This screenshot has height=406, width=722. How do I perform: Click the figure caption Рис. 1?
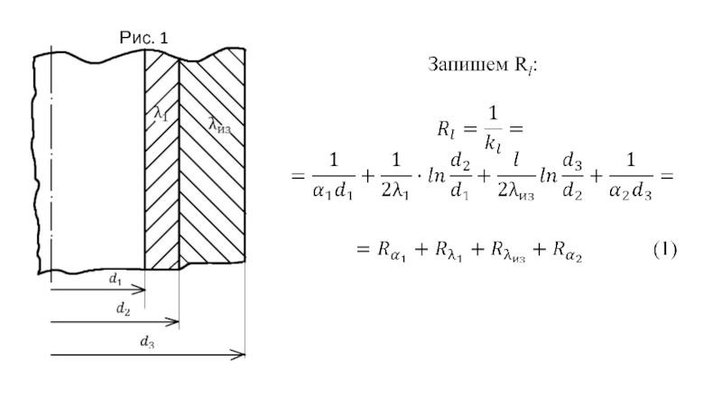pyautogui.click(x=143, y=38)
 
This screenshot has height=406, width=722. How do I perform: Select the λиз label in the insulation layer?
pyautogui.click(x=219, y=125)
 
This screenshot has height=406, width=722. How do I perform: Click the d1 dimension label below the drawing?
pyautogui.click(x=116, y=279)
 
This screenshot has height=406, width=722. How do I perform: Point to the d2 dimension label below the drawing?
pyautogui.click(x=123, y=309)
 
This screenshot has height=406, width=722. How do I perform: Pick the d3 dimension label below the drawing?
pyautogui.click(x=147, y=342)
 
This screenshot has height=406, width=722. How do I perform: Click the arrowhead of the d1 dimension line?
pyautogui.click(x=140, y=290)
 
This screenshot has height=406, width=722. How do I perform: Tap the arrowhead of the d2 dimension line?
pyautogui.click(x=173, y=322)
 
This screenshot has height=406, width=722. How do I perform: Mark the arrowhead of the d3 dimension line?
pyautogui.click(x=238, y=355)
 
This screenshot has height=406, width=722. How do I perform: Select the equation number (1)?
pyautogui.click(x=665, y=250)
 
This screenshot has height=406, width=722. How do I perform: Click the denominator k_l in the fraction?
pyautogui.click(x=492, y=144)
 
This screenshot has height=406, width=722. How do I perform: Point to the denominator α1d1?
pyautogui.click(x=333, y=191)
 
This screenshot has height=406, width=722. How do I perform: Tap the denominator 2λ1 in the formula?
pyautogui.click(x=395, y=191)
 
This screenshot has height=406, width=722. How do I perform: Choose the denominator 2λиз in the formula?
pyautogui.click(x=515, y=191)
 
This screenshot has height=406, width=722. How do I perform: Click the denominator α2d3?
pyautogui.click(x=630, y=191)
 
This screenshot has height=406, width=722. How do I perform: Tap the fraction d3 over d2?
pyautogui.click(x=572, y=176)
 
